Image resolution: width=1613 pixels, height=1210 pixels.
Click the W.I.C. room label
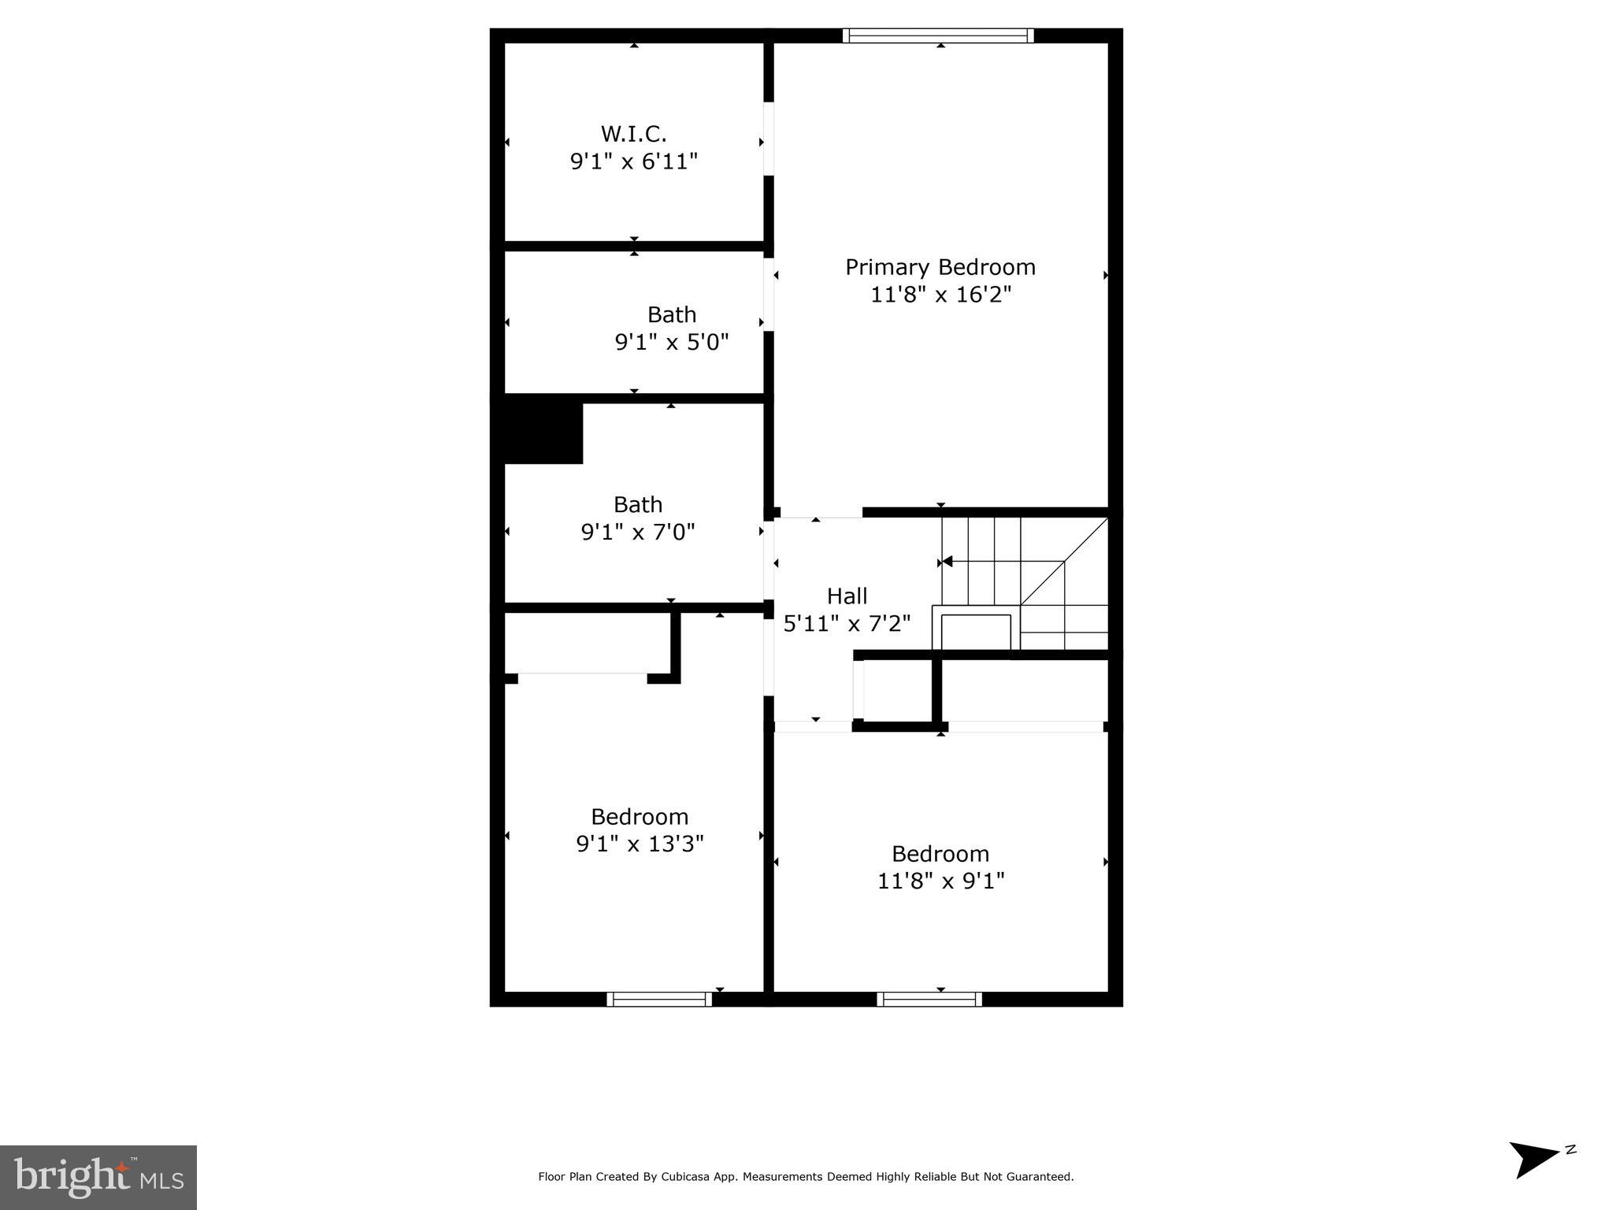click(633, 133)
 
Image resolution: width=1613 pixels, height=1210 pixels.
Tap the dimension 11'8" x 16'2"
click(940, 295)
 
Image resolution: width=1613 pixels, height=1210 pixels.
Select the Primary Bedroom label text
click(940, 267)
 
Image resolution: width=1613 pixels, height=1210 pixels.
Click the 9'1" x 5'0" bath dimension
click(672, 343)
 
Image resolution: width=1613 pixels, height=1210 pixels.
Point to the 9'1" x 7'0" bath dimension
click(638, 533)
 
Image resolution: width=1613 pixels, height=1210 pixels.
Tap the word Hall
click(847, 596)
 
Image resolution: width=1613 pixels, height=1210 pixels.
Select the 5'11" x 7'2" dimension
click(847, 624)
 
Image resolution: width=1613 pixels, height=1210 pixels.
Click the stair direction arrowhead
click(947, 562)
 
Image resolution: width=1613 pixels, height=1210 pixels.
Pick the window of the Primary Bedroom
click(937, 35)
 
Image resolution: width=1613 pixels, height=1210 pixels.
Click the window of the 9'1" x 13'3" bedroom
click(659, 999)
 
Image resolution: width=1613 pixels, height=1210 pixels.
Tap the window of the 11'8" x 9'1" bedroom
click(929, 999)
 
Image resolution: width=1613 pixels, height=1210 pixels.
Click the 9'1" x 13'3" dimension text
click(640, 844)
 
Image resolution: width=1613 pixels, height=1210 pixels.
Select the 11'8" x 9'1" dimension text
click(940, 881)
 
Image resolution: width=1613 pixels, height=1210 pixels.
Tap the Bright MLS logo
click(98, 1178)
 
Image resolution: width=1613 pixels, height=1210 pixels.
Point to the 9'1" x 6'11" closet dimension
click(633, 161)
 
